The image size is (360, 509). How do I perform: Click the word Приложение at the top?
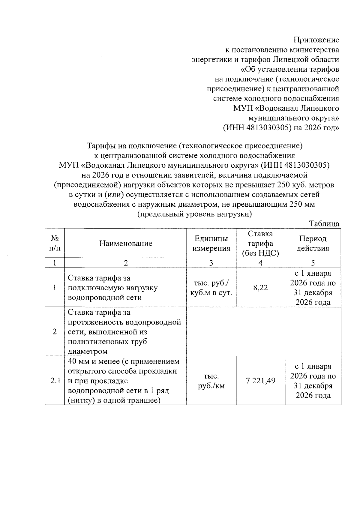316,40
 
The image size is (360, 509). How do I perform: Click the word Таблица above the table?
325,224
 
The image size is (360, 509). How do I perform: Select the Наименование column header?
126,243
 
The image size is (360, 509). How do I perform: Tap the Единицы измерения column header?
211,243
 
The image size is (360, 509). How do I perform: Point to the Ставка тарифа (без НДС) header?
260,243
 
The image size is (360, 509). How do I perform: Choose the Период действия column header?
313,243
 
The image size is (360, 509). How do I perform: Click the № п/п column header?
55,243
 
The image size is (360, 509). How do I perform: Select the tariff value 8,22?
260,288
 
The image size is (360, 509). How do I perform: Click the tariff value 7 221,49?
260,381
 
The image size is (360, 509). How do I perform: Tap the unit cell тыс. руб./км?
211,381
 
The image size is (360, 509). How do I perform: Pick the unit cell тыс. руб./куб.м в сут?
211,288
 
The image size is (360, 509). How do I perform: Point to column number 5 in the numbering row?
313,263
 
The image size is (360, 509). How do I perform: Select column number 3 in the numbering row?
211,263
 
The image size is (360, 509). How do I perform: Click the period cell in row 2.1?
313,381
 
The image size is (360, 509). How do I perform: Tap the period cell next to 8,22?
313,288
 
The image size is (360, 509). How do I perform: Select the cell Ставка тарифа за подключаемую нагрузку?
113,288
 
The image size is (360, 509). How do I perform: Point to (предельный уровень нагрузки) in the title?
194,214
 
